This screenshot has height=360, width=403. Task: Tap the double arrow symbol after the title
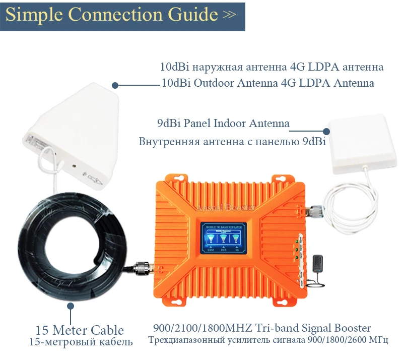click(229, 15)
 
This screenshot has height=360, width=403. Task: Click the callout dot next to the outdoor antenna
click(115, 86)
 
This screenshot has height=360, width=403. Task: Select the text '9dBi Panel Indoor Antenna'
click(223, 123)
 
